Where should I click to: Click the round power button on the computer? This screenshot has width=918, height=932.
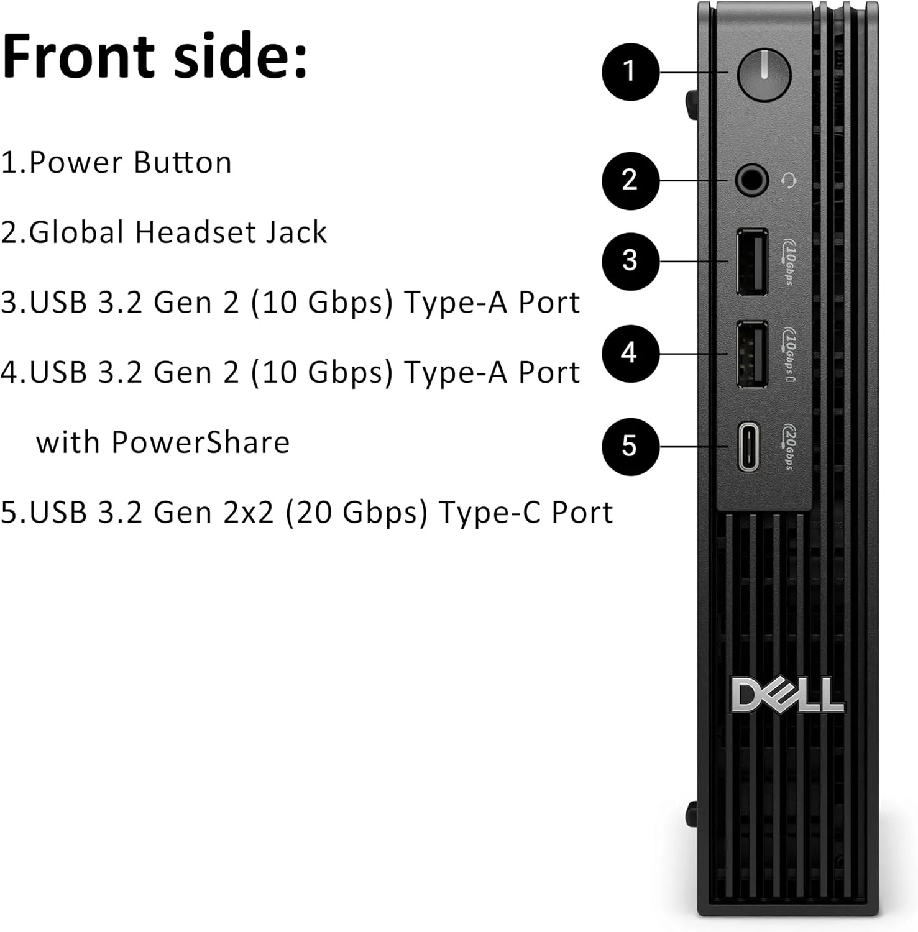764,75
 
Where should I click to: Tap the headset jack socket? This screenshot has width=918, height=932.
751,181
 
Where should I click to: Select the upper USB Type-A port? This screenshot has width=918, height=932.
752,262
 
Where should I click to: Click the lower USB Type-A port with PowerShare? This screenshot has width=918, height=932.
752,354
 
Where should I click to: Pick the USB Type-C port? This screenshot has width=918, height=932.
749,447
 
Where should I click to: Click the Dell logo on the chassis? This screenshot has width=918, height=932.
787,695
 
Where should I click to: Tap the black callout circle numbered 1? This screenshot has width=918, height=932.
630,71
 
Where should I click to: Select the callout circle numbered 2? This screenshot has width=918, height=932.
630,181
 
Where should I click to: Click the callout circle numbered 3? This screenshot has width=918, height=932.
630,261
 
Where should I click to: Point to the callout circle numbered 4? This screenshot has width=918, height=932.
630,354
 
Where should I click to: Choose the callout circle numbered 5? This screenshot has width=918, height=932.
630,447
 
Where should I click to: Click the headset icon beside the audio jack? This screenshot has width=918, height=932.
788,181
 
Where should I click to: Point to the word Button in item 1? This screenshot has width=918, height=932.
182,163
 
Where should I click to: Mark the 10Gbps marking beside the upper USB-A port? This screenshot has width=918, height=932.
788,262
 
